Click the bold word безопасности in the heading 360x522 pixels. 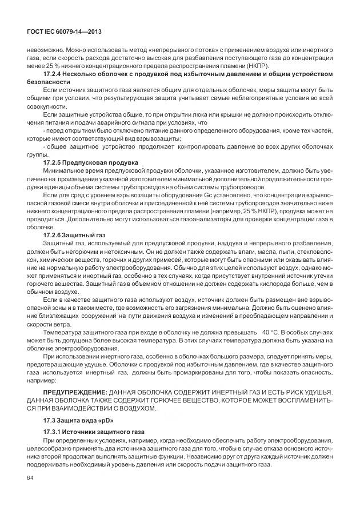click(49, 83)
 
